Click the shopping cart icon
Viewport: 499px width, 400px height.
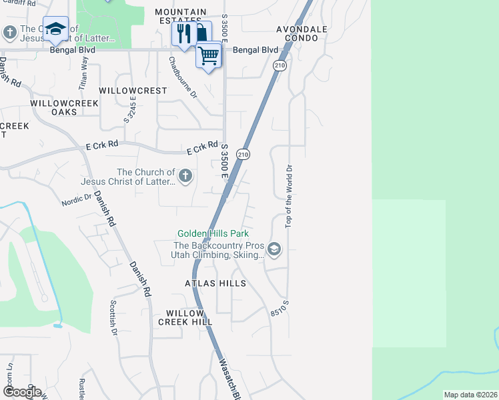[x=209, y=56]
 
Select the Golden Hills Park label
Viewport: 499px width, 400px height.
[x=213, y=234]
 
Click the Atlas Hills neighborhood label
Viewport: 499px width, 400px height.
[x=215, y=283]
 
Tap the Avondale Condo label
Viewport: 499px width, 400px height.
[x=302, y=34]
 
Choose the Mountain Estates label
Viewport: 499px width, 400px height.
[x=181, y=17]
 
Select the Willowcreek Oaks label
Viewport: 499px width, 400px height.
[x=64, y=108]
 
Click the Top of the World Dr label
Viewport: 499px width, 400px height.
[x=290, y=194]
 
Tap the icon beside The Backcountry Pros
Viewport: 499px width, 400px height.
[x=274, y=249]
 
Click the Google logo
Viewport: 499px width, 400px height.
[x=22, y=391]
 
